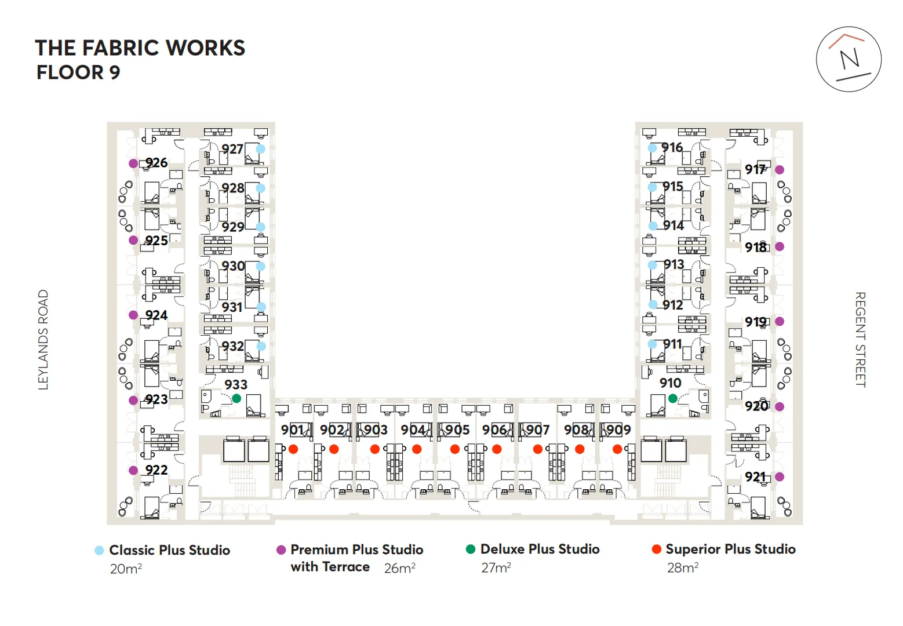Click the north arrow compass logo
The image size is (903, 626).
click(x=849, y=59)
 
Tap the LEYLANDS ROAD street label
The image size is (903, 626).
click(x=43, y=340)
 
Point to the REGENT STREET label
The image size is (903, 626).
click(x=860, y=339)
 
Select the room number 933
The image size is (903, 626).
click(x=236, y=385)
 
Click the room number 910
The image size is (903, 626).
click(x=670, y=383)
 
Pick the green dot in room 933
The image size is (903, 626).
click(x=236, y=399)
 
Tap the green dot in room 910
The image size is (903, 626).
click(x=672, y=398)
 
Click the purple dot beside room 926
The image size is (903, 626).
click(x=133, y=163)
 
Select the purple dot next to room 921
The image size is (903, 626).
click(x=780, y=477)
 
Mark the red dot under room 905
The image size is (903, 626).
click(x=455, y=449)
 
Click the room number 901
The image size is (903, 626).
click(x=293, y=430)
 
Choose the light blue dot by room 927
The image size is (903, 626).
click(x=261, y=149)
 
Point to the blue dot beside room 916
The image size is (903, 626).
click(x=652, y=148)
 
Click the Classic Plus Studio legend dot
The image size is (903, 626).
click(x=99, y=550)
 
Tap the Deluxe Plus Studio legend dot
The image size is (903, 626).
click(x=471, y=549)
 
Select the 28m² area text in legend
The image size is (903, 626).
click(x=682, y=567)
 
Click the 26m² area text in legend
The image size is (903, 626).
click(x=399, y=568)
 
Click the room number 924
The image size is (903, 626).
click(x=156, y=315)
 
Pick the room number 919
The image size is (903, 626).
click(x=756, y=322)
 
